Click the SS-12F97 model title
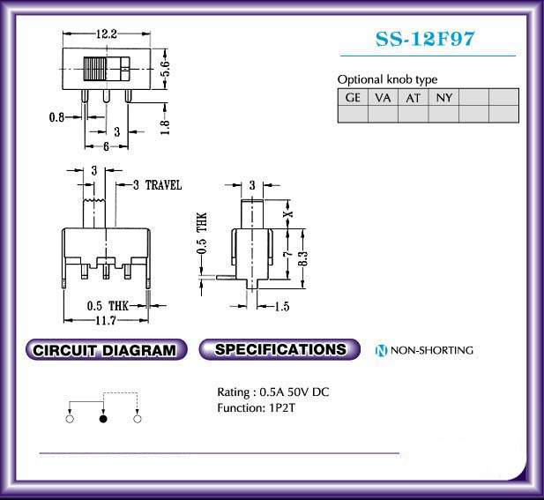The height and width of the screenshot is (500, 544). (x=425, y=39)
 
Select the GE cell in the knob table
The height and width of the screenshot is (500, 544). (x=353, y=98)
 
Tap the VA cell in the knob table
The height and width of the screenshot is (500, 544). (x=383, y=98)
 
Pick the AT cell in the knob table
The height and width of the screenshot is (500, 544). (x=414, y=98)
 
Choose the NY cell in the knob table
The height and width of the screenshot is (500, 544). (x=443, y=98)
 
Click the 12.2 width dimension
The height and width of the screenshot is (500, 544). (x=107, y=34)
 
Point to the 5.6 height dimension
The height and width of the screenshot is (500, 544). (x=166, y=68)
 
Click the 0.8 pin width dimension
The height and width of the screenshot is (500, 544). (x=56, y=117)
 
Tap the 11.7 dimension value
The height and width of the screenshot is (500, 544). (x=106, y=320)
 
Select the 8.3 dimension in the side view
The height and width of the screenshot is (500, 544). (x=303, y=258)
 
